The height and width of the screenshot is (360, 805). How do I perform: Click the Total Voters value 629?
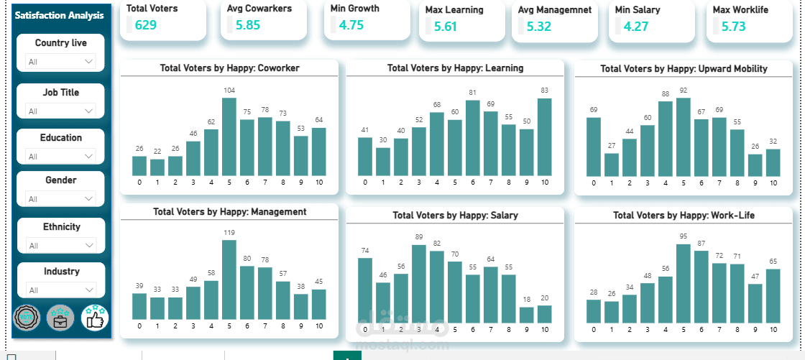click(x=145, y=25)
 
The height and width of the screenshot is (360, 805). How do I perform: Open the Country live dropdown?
click(x=61, y=62)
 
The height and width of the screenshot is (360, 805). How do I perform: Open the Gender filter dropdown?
click(x=61, y=199)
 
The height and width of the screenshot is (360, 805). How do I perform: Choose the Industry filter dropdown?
click(x=61, y=290)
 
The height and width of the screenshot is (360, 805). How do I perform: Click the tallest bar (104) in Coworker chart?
click(x=229, y=137)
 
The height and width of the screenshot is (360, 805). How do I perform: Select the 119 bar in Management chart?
click(x=229, y=280)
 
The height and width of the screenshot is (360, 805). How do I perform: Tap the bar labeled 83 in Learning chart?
click(x=545, y=137)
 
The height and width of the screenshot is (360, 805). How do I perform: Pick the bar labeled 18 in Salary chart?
click(x=527, y=314)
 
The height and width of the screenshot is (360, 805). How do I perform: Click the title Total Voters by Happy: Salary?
click(x=455, y=216)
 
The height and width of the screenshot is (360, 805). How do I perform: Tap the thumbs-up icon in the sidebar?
click(x=95, y=317)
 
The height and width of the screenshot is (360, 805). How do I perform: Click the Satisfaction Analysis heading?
click(x=59, y=15)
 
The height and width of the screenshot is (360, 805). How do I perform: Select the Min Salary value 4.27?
click(x=636, y=27)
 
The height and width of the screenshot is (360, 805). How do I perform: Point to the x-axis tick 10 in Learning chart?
click(x=545, y=183)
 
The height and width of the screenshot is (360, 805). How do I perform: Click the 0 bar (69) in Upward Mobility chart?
click(x=594, y=147)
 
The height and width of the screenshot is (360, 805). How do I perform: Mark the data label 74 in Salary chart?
click(x=365, y=250)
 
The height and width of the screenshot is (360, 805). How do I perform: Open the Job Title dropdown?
click(x=61, y=111)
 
